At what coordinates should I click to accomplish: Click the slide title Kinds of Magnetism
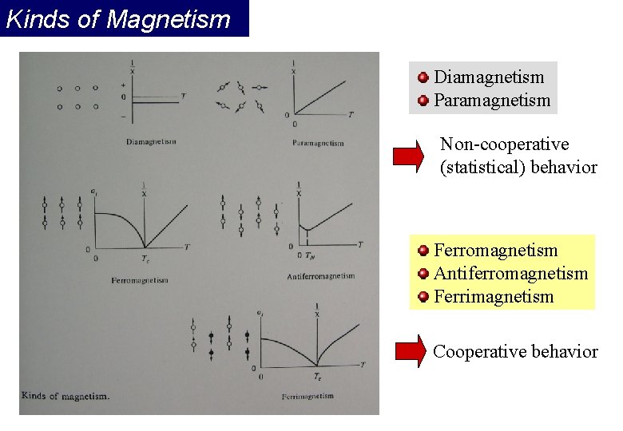coord(118,19)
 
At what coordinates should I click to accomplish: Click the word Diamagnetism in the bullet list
coord(489,77)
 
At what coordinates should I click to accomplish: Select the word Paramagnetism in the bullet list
coord(492,101)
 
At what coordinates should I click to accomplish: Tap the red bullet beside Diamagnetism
coord(423,77)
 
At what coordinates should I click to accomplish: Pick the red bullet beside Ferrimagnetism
coord(423,297)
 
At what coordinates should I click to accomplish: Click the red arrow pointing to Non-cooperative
coord(409,156)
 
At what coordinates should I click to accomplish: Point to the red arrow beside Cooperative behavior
coord(411,351)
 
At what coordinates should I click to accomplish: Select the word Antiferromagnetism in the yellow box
coord(510,274)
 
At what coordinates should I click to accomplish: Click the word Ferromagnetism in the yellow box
coord(495,251)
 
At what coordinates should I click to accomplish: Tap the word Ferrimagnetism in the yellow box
coord(493,297)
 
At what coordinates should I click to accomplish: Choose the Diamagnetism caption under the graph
coord(151,142)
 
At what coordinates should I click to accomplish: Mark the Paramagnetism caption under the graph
coord(319,144)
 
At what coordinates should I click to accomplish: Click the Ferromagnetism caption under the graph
coord(141,281)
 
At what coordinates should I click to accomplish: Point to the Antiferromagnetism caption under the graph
coord(320,276)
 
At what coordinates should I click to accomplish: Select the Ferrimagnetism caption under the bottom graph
coord(308,397)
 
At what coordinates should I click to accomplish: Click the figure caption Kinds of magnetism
coord(65,395)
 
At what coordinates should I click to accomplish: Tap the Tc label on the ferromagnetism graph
coord(145,259)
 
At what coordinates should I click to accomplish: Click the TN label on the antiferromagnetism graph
coord(308,255)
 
